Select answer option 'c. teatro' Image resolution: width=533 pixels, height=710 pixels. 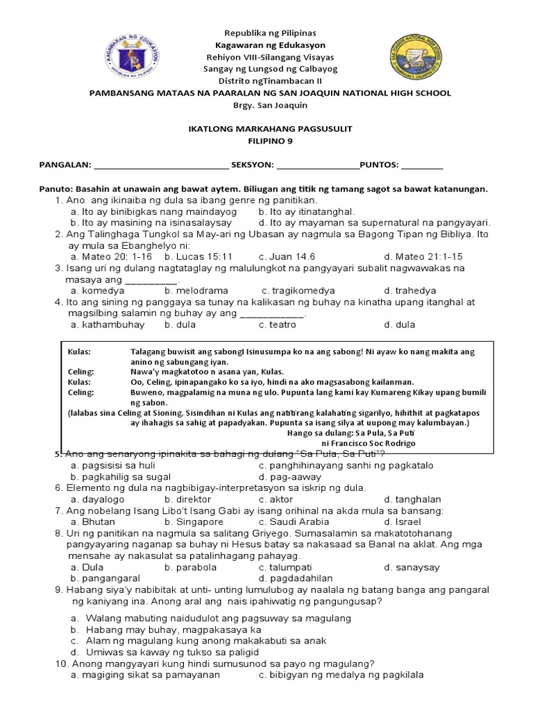[x=278, y=324]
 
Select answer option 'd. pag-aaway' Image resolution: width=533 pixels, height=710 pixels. [x=290, y=477]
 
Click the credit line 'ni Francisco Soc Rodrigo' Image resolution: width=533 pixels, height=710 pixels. [x=369, y=442]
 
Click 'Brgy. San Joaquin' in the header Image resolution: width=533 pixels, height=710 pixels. [x=266, y=105]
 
